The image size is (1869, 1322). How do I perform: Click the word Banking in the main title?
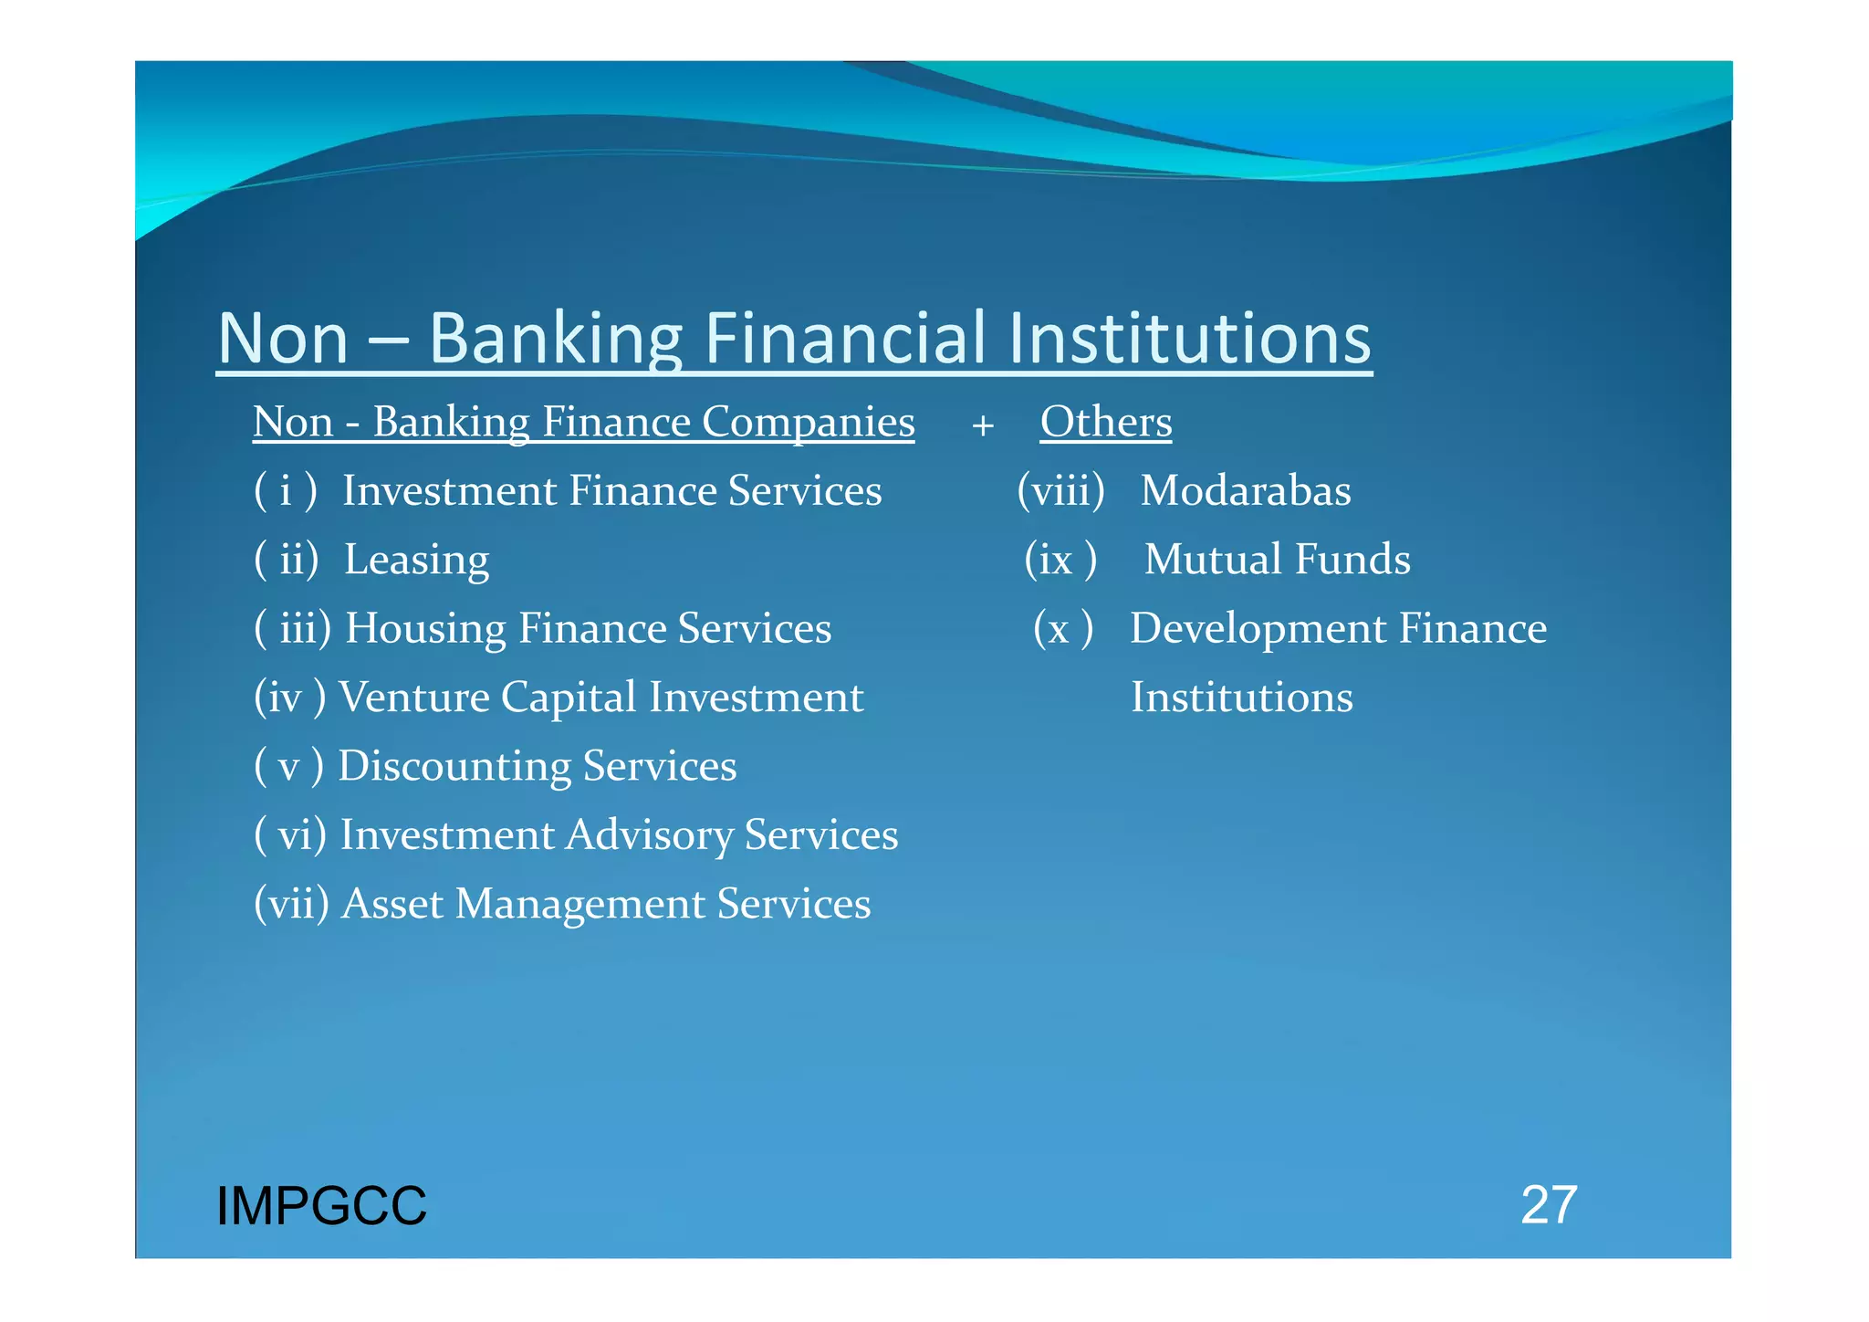pos(556,339)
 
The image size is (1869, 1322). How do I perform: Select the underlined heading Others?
pos(1106,422)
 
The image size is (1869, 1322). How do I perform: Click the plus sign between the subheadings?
pos(983,425)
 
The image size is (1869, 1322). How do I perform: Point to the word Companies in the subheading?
pos(808,423)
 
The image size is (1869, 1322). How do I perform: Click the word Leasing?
pos(416,560)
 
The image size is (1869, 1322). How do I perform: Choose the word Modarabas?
pos(1246,491)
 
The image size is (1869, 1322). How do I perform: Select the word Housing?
pos(425,629)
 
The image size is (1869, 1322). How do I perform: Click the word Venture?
pos(414,698)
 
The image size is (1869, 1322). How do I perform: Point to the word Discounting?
pos(454,766)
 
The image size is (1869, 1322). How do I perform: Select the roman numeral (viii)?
pos(1061,491)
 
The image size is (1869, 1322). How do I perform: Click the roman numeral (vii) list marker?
pos(291,904)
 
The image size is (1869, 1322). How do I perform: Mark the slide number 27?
pos(1549,1205)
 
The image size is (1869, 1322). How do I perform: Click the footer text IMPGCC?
pos(321,1206)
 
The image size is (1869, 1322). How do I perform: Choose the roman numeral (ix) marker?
pos(1060,560)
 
